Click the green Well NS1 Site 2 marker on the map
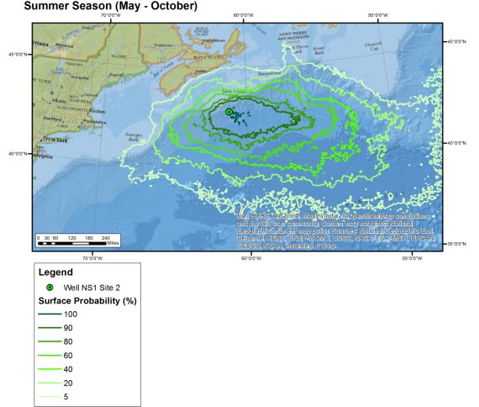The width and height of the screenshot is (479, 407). (x=229, y=112)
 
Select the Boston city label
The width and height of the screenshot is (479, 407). (x=97, y=111)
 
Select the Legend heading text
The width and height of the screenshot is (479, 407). (x=55, y=272)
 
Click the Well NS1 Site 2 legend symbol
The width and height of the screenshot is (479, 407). (x=50, y=288)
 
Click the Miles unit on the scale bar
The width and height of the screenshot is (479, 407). (x=114, y=242)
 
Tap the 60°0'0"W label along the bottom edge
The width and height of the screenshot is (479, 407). (x=250, y=257)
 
